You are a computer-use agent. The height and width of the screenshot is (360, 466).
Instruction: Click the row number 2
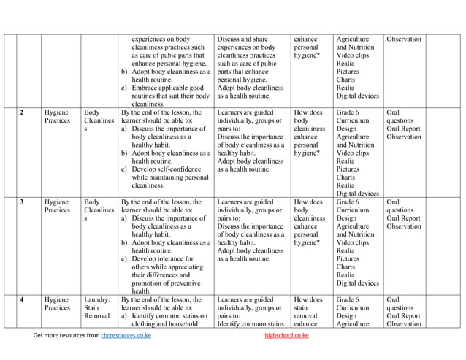[x=23, y=113]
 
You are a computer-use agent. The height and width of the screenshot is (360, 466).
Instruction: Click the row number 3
[x=23, y=202]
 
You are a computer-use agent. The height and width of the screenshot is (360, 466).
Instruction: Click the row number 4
[x=23, y=299]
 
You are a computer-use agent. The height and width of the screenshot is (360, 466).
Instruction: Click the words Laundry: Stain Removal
[x=97, y=309]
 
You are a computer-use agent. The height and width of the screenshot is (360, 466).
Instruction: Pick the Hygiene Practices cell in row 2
[x=57, y=118]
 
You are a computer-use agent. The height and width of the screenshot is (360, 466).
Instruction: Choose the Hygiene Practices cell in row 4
[x=57, y=304]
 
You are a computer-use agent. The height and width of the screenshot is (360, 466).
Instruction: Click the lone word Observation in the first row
[x=404, y=39]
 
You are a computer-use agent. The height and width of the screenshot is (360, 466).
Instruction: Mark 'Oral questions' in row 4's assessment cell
[x=401, y=304]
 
